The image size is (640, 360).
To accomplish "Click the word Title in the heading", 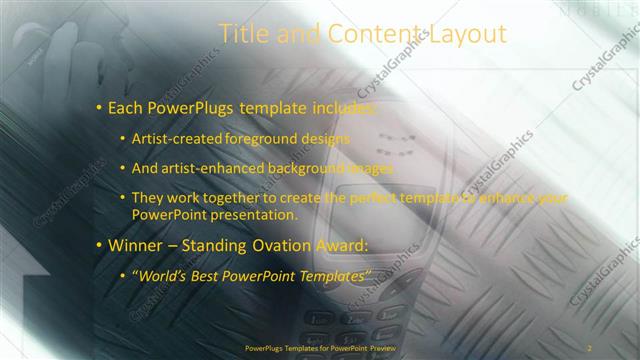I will (x=245, y=34).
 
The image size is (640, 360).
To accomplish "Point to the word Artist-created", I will (x=178, y=139).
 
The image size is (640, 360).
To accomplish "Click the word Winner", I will (x=136, y=245).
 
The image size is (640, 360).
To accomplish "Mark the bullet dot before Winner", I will (x=98, y=245).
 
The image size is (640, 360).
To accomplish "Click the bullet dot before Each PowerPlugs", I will (x=98, y=107).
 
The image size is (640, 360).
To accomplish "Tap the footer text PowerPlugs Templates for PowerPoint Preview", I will (x=320, y=347).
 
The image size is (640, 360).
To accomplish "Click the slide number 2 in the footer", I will (x=589, y=347).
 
